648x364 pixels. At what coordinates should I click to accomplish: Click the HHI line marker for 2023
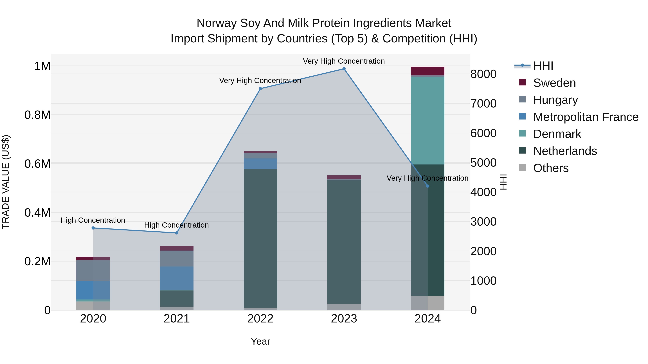pyautogui.click(x=344, y=69)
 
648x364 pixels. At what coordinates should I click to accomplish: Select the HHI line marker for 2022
pyautogui.click(x=260, y=89)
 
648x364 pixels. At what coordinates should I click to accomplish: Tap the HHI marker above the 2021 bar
pyautogui.click(x=177, y=233)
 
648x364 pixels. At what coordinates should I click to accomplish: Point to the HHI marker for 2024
pyautogui.click(x=428, y=186)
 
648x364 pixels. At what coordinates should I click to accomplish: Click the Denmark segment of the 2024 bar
pyautogui.click(x=428, y=121)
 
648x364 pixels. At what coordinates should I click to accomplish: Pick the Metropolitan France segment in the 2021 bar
pyautogui.click(x=177, y=278)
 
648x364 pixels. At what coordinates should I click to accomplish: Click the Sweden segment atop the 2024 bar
pyautogui.click(x=428, y=71)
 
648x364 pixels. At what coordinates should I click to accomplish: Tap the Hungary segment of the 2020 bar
pyautogui.click(x=93, y=270)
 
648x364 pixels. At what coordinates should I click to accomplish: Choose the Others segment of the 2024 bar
pyautogui.click(x=428, y=303)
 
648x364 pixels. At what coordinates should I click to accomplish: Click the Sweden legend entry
pyautogui.click(x=554, y=83)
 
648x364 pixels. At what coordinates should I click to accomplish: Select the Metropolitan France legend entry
pyautogui.click(x=586, y=117)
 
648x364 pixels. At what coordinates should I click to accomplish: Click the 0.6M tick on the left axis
pyautogui.click(x=37, y=164)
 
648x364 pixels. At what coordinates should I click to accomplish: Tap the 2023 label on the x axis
pyautogui.click(x=344, y=319)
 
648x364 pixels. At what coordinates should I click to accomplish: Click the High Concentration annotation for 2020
pyautogui.click(x=93, y=220)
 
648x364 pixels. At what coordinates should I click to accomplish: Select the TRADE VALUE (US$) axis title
pyautogui.click(x=6, y=182)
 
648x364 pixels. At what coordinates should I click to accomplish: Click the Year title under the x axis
pyautogui.click(x=260, y=341)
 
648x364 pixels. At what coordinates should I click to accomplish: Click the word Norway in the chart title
pyautogui.click(x=216, y=23)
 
